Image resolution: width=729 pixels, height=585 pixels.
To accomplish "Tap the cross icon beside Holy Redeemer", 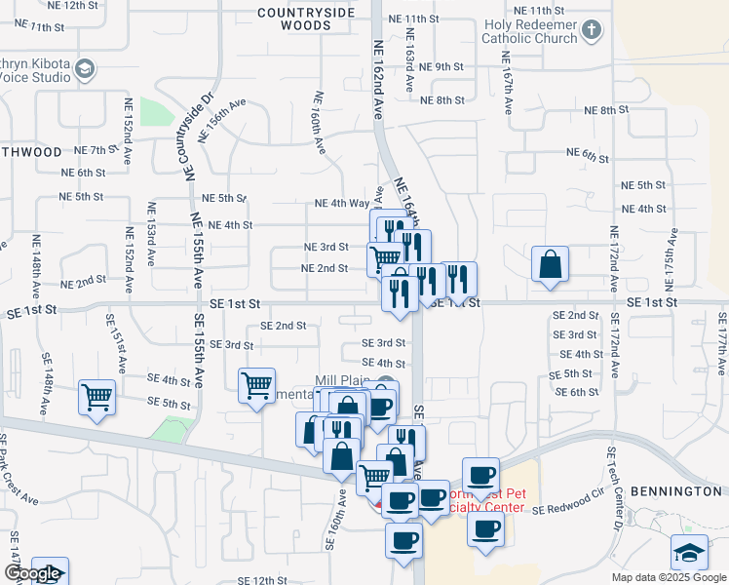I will pyautogui.click(x=591, y=31).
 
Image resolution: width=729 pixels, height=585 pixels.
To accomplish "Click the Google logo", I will pyautogui.click(x=32, y=574).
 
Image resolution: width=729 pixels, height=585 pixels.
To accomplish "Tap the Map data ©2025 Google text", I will pyautogui.click(x=669, y=577).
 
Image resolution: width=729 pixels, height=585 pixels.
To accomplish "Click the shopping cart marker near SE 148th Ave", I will pyautogui.click(x=97, y=398).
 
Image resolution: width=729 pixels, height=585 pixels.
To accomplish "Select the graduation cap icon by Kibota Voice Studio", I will pyautogui.click(x=85, y=68).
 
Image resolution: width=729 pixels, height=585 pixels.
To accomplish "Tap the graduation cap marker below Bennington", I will pyautogui.click(x=690, y=553).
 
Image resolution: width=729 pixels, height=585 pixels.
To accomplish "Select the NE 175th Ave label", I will pyautogui.click(x=671, y=260).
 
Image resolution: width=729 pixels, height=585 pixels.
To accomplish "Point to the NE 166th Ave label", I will pyautogui.click(x=318, y=122).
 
